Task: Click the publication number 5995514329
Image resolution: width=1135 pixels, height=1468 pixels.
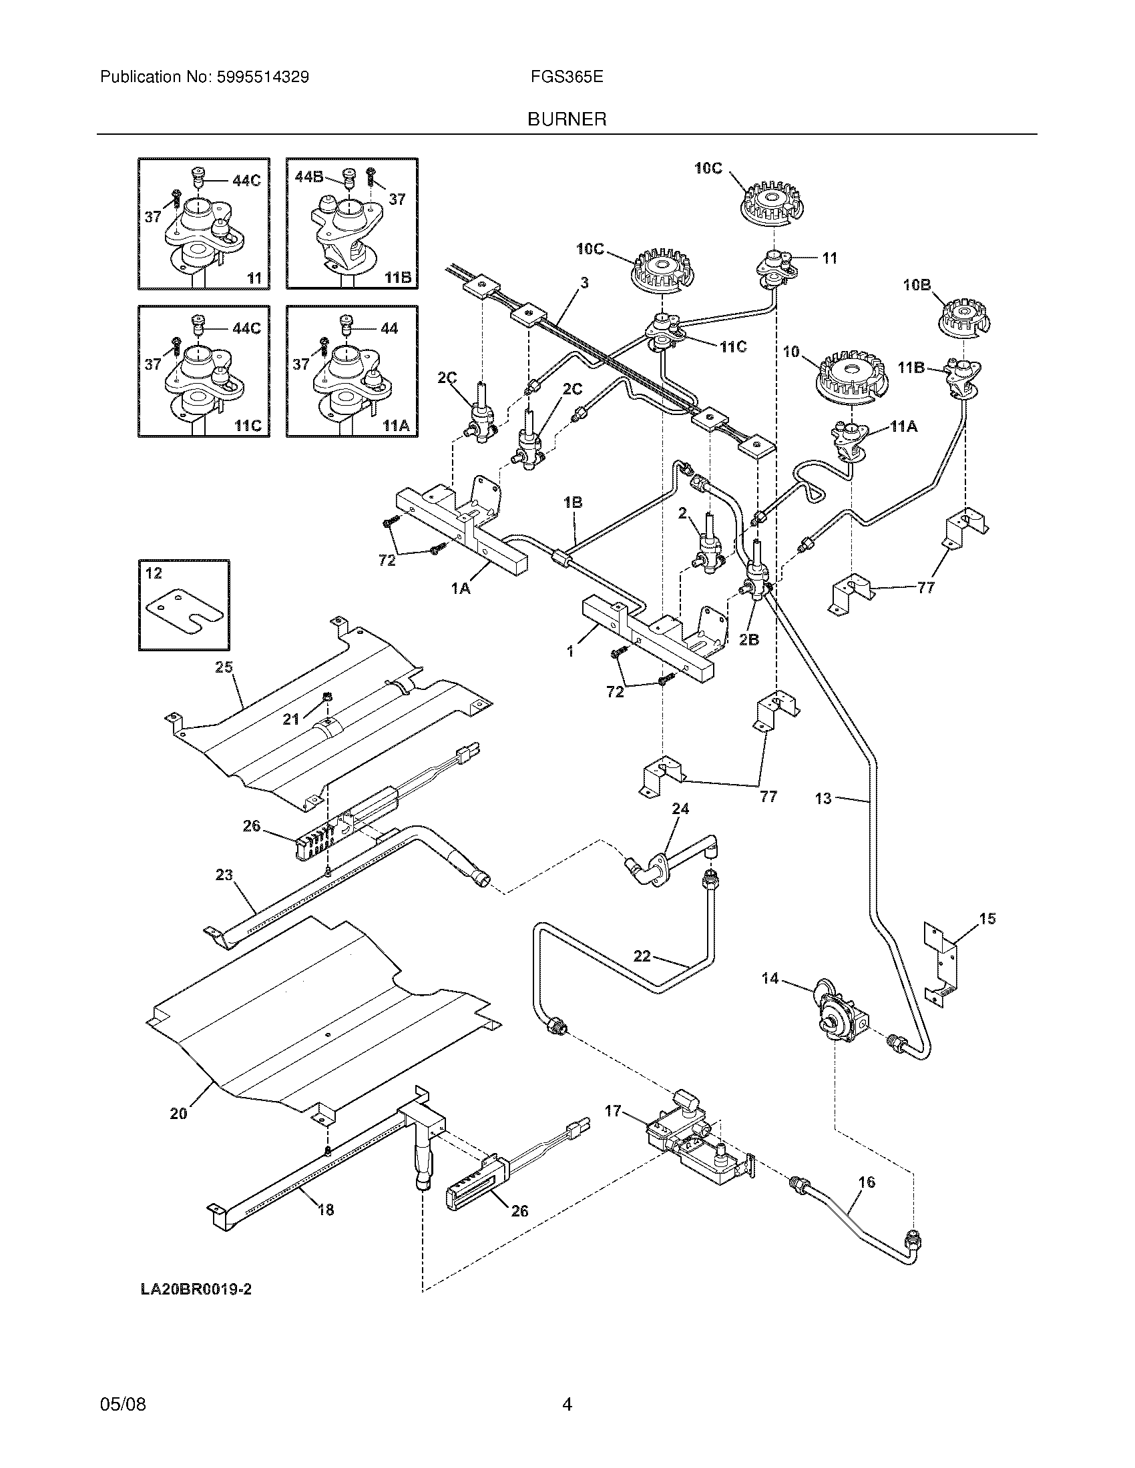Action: click(x=262, y=77)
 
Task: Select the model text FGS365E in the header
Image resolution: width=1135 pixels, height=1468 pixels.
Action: click(x=566, y=77)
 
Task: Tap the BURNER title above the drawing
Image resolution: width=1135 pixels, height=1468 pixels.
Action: click(x=567, y=119)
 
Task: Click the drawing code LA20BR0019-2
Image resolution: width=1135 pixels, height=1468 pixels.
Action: click(x=196, y=1289)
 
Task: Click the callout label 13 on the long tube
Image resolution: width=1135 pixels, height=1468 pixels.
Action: click(x=823, y=799)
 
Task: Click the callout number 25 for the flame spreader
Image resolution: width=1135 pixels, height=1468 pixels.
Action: click(x=223, y=667)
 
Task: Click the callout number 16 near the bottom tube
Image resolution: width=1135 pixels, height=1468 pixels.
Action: click(x=867, y=1182)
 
